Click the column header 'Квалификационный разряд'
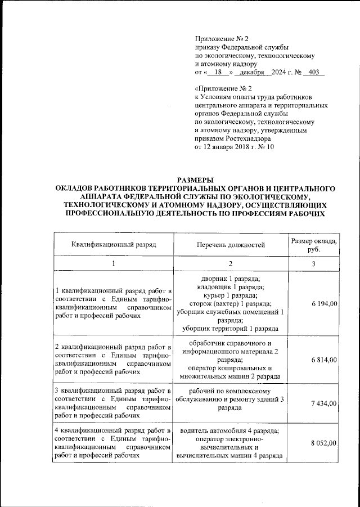pyautogui.click(x=114, y=245)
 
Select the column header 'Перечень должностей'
pyautogui.click(x=231, y=245)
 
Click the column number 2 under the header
pyautogui.click(x=230, y=264)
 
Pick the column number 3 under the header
pyautogui.click(x=314, y=264)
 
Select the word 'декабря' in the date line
pyautogui.click(x=251, y=73)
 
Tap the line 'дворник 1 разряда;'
pyautogui.click(x=230, y=279)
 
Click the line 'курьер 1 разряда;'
pyautogui.click(x=230, y=295)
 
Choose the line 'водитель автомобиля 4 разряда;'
pyautogui.click(x=230, y=432)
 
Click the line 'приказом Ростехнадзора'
pyautogui.click(x=232, y=138)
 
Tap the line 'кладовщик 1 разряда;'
pyautogui.click(x=230, y=287)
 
